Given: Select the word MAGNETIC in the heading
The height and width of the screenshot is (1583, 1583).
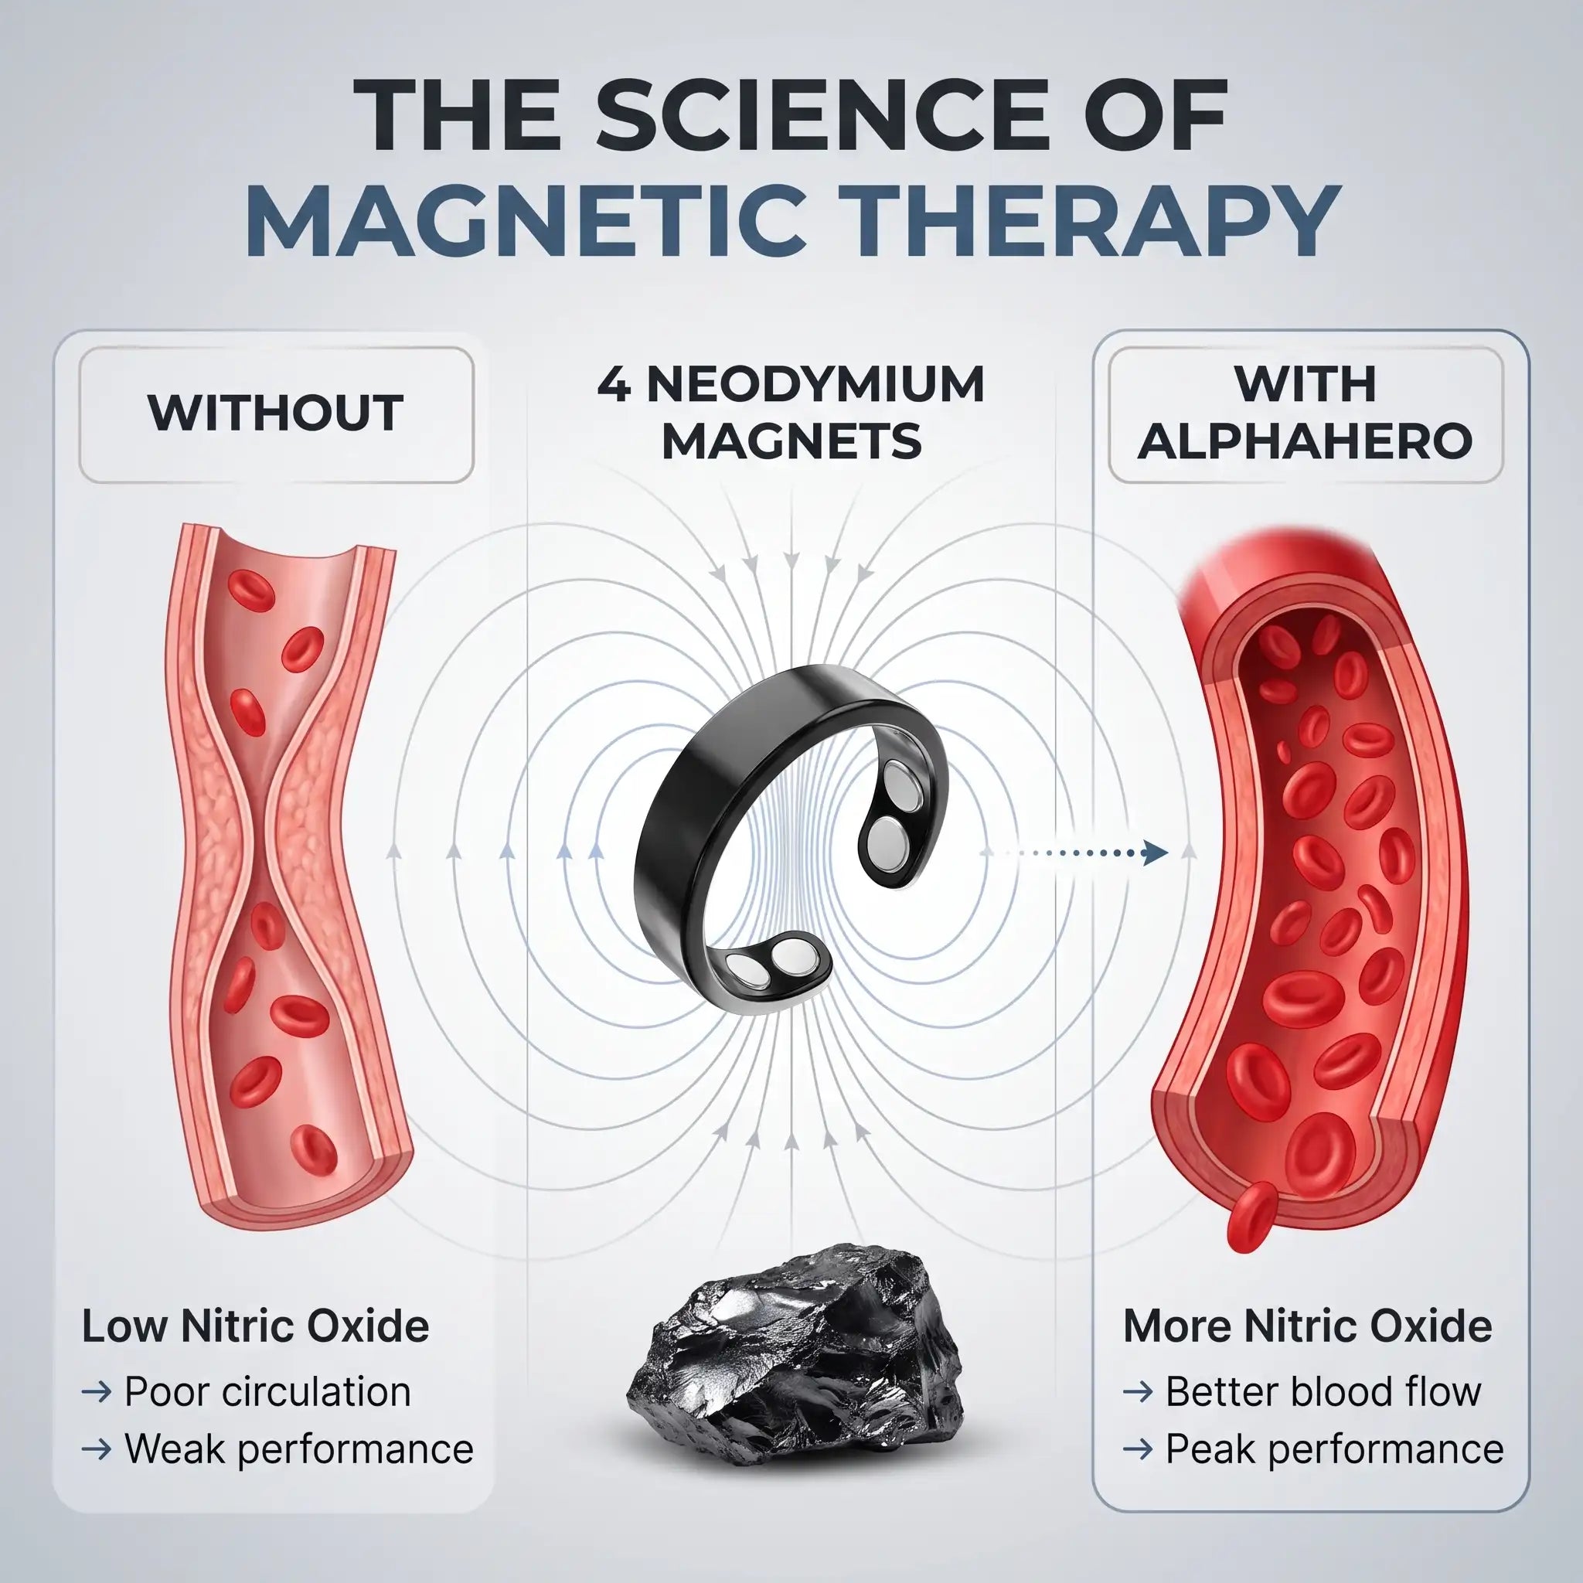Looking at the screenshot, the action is click(x=525, y=220).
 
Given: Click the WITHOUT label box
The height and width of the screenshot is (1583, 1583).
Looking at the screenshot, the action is click(x=276, y=414).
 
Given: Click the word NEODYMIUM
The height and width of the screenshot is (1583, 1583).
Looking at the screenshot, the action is click(x=815, y=384).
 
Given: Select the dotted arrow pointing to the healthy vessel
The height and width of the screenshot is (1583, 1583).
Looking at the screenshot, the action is click(x=1074, y=853).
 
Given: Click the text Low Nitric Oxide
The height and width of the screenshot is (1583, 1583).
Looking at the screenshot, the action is click(x=255, y=1326).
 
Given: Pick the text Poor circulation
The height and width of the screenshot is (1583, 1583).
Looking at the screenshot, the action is click(x=267, y=1391).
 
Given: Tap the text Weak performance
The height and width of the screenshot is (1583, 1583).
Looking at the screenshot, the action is click(x=299, y=1449).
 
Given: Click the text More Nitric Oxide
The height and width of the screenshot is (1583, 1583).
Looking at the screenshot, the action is click(x=1307, y=1326).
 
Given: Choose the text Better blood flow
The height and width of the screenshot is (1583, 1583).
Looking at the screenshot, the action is click(x=1323, y=1391).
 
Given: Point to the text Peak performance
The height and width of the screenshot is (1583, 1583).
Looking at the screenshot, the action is click(x=1335, y=1449).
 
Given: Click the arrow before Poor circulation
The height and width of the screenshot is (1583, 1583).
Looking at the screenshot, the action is click(x=97, y=1392).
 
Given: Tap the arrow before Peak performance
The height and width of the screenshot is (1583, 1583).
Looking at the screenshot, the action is click(x=1138, y=1449).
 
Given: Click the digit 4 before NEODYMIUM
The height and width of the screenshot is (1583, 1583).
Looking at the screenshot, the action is click(x=614, y=384).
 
